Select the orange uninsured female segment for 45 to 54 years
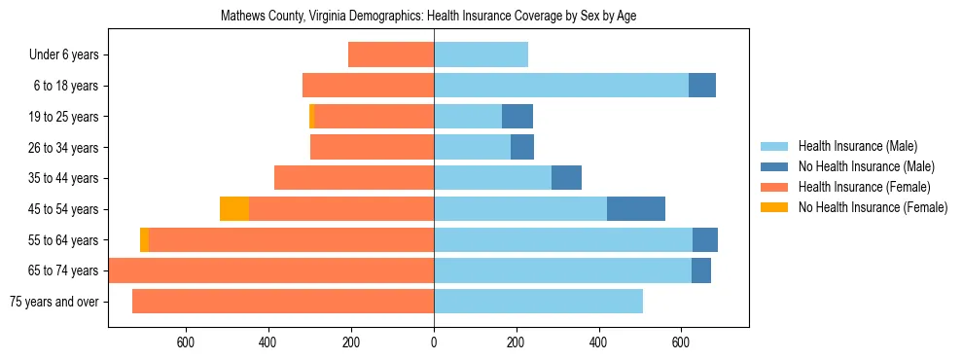(x=234, y=209)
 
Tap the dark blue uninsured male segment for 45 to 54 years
(x=636, y=209)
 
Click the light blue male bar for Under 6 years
(x=481, y=55)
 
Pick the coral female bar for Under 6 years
(x=391, y=55)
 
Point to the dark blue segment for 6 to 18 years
(x=702, y=86)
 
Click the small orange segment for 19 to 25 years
(x=312, y=117)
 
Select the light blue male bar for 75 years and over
(x=538, y=302)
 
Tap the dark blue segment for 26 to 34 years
(x=522, y=148)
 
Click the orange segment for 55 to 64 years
(x=145, y=240)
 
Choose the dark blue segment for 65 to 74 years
(x=701, y=270)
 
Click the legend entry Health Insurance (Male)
(x=857, y=146)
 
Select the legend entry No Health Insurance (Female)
(x=873, y=207)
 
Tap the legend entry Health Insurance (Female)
(x=864, y=187)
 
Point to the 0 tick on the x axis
(x=434, y=342)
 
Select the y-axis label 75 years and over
(x=53, y=302)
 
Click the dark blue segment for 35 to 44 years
(x=566, y=178)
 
